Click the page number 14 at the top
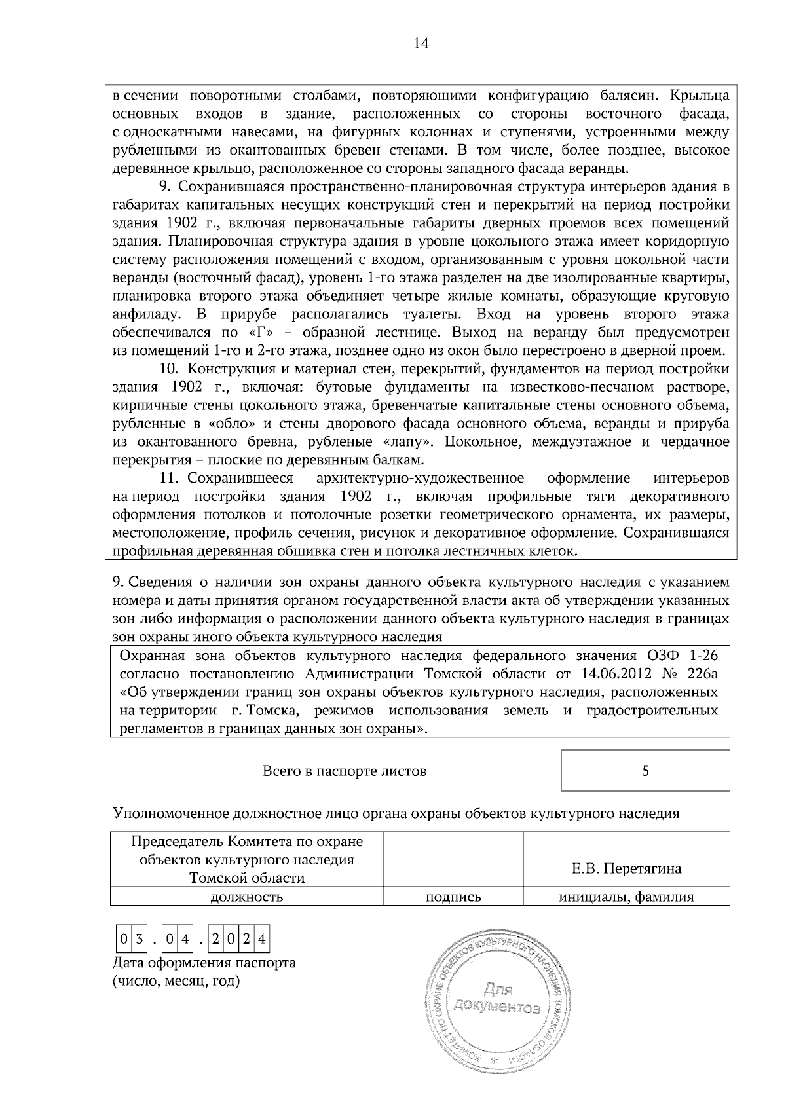421,44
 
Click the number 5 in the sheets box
645,771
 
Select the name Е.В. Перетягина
626,868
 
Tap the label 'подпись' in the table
453,897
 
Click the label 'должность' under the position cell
246,897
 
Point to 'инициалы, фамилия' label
626,897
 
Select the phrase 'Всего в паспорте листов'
344,771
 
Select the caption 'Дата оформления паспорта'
204,963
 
